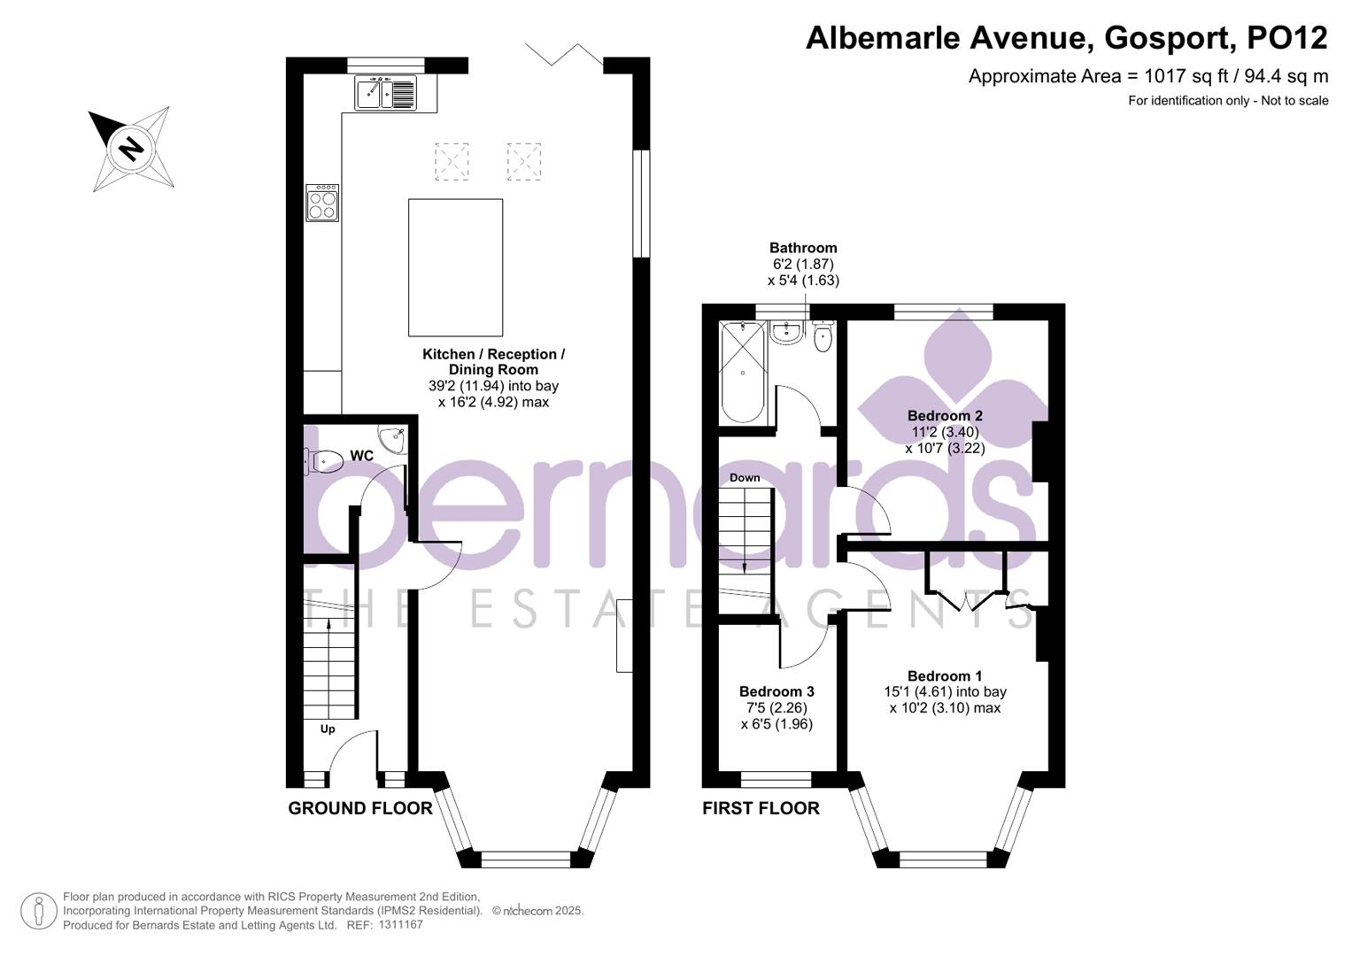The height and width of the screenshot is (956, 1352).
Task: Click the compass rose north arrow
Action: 132,148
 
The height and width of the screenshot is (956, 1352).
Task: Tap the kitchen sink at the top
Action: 385,93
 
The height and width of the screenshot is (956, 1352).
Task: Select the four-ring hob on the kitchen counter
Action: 322,204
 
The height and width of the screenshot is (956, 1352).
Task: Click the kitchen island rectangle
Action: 455,267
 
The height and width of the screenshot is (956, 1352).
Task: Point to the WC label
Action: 361,456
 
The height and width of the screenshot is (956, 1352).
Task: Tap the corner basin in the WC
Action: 393,438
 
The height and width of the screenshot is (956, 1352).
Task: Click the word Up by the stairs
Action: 328,729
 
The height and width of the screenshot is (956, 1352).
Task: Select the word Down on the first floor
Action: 745,478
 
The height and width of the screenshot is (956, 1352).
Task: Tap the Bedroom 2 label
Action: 945,416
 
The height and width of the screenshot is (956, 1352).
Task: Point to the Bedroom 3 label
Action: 776,691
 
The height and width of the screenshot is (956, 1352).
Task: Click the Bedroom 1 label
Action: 945,676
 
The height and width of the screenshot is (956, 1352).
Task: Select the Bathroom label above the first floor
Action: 803,249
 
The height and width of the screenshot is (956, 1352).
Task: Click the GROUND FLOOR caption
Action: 360,808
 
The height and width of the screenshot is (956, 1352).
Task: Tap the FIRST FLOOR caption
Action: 761,808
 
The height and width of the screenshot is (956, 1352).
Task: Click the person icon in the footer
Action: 38,911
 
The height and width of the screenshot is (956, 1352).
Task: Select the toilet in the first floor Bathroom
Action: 823,337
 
